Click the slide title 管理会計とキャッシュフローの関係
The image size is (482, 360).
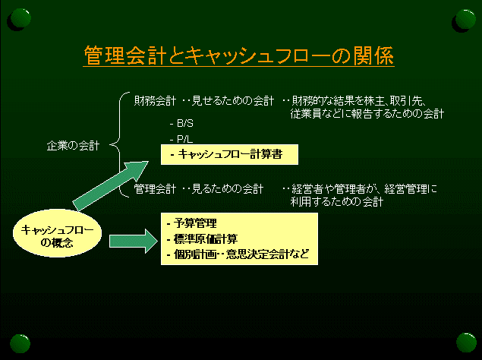(238, 55)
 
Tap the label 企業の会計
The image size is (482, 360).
(73, 146)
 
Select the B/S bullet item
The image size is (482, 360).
(181, 123)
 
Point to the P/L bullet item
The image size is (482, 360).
(181, 139)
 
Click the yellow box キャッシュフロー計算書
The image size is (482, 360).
(229, 154)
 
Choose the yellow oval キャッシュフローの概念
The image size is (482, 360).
(57, 233)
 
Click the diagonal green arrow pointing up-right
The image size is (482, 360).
(111, 186)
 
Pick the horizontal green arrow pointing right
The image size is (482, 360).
(134, 241)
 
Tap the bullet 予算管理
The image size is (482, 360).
(192, 223)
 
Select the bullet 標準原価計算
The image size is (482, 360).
(202, 238)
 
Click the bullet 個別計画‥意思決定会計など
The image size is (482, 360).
(238, 254)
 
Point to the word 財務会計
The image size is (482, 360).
(156, 100)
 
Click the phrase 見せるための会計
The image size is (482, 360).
(233, 100)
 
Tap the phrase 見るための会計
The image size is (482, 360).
(228, 188)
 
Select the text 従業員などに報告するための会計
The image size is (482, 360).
(367, 114)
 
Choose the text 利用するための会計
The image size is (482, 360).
(337, 202)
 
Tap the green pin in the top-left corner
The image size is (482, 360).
(20, 19)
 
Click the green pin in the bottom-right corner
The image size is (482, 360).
(466, 343)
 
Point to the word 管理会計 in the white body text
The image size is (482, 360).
(156, 188)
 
